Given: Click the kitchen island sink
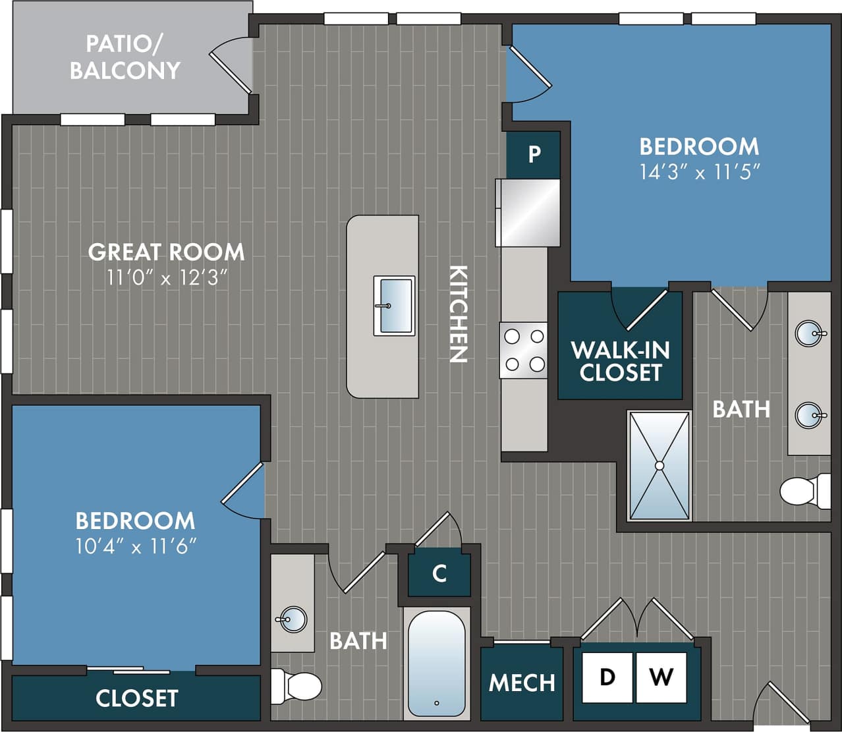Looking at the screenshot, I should click(394, 306).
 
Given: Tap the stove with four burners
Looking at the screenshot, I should click(524, 350).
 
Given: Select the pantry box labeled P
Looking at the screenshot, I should click(534, 154).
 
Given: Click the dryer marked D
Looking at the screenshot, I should click(607, 677).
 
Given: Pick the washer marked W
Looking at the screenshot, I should click(661, 677).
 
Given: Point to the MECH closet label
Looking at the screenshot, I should click(522, 683).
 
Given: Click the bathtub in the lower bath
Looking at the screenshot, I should click(436, 662).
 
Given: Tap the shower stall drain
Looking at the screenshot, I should click(659, 465).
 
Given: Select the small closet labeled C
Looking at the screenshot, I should click(439, 573).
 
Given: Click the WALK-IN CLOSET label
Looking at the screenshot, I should click(620, 361).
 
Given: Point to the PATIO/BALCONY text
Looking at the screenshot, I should click(125, 57).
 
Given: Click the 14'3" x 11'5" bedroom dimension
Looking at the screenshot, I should click(700, 173).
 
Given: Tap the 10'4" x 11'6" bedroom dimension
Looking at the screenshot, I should click(136, 546).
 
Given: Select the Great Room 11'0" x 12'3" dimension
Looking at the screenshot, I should click(166, 277).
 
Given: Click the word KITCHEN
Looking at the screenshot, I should click(458, 314).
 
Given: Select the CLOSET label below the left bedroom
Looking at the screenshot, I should click(136, 698).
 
